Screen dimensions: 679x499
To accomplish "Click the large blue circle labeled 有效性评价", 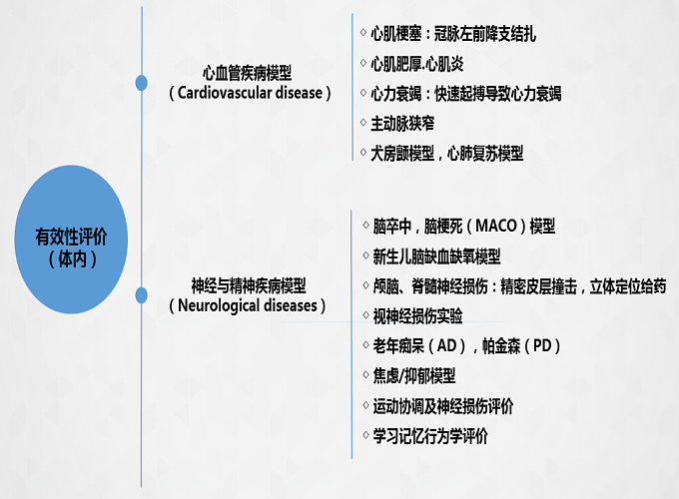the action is [71, 240].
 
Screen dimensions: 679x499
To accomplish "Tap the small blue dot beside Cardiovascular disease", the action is [141, 83].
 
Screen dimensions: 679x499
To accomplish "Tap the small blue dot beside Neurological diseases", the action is [141, 295].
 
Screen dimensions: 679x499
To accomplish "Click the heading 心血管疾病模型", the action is [248, 73].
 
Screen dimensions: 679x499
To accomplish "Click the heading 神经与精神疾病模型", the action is [249, 285].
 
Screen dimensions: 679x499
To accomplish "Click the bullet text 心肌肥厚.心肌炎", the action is [417, 64].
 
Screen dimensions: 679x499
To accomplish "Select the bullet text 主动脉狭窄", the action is [402, 124].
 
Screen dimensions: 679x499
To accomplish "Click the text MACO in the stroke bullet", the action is [496, 226].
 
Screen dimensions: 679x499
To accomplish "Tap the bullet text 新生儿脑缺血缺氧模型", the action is [436, 256].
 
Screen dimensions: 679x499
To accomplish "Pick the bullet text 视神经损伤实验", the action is [417, 316].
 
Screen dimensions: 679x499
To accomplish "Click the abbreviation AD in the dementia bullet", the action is [447, 345].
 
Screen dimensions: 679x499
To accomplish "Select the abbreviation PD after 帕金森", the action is [542, 345].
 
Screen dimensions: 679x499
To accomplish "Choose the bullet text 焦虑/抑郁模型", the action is [414, 375].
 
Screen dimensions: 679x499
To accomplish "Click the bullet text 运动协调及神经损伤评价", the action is [443, 406].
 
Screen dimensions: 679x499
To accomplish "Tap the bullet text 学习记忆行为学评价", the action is [430, 436].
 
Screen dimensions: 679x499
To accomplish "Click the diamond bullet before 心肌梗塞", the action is [363, 33].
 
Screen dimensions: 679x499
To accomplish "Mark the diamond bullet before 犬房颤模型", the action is [363, 153].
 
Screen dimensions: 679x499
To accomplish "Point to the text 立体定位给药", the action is [628, 286].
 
